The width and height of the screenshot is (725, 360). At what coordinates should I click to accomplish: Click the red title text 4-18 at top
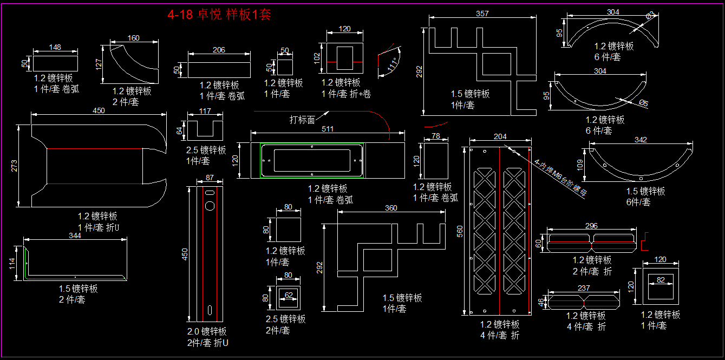tap(180, 15)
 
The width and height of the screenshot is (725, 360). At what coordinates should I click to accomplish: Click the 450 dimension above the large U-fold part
tap(99, 110)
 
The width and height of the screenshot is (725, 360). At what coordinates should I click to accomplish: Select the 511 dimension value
tap(328, 129)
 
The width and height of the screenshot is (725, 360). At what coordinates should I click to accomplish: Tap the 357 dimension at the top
tap(482, 13)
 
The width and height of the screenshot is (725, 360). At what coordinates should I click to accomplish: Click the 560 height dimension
tap(461, 231)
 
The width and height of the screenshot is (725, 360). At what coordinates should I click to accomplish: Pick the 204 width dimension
tap(500, 136)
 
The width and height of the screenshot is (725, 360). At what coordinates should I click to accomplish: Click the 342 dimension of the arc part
tap(641, 140)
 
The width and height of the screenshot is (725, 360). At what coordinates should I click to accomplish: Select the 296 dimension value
tap(592, 226)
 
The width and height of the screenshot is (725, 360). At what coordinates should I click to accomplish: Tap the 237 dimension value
tap(584, 288)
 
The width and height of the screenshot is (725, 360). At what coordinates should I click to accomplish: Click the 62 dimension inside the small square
tap(289, 295)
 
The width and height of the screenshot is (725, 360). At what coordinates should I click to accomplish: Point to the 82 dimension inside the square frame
tap(661, 279)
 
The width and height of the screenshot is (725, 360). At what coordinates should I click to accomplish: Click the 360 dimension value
tap(391, 208)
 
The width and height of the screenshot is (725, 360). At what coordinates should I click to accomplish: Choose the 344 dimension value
tap(75, 235)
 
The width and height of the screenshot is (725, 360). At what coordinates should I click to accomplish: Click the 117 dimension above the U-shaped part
tap(205, 111)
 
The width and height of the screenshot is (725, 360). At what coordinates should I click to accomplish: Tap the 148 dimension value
tap(55, 47)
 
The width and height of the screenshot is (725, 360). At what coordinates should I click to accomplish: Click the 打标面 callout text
tap(302, 120)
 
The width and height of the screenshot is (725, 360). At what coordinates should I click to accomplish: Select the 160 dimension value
tap(133, 38)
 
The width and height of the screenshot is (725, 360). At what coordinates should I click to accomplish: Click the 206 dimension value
tap(219, 50)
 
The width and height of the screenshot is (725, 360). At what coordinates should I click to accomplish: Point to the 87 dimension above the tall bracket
tap(210, 178)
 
